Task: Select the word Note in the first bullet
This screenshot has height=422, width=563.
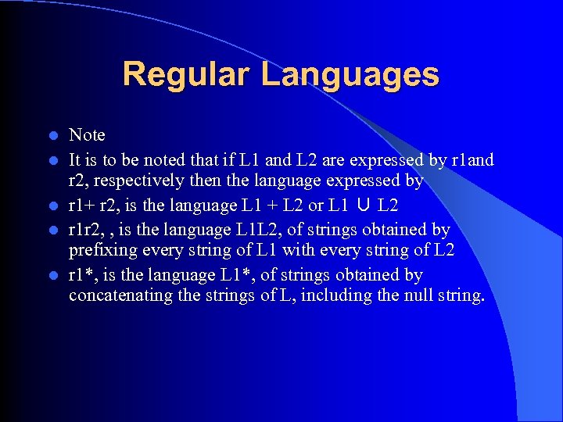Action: coord(87,135)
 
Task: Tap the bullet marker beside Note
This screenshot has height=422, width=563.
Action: coord(52,136)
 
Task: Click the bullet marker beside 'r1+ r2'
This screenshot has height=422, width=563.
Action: coord(52,206)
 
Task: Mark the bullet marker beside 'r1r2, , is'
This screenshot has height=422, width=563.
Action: coord(52,230)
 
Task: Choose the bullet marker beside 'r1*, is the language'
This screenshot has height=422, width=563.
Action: coord(52,276)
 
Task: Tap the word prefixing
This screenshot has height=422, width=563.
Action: coord(102,252)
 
